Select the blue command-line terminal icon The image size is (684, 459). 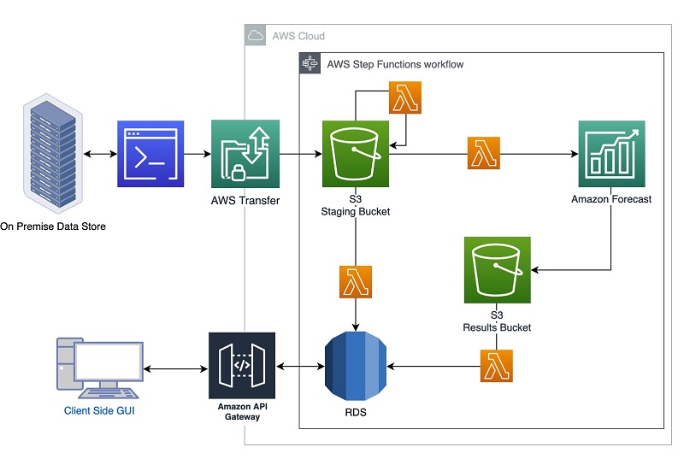[x=150, y=154]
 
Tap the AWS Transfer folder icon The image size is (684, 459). [x=245, y=154]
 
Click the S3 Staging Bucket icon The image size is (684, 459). [x=356, y=154]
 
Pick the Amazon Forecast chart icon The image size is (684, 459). [x=611, y=154]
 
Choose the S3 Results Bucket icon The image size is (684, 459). [x=498, y=270]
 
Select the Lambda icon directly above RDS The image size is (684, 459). [x=356, y=282]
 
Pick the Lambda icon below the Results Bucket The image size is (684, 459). [x=497, y=367]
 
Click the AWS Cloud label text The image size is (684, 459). [x=298, y=36]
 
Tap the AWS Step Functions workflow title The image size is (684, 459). [x=395, y=64]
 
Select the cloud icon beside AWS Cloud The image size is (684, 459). [x=256, y=36]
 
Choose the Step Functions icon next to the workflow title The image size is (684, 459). [x=310, y=64]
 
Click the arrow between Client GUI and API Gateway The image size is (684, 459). [x=175, y=368]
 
